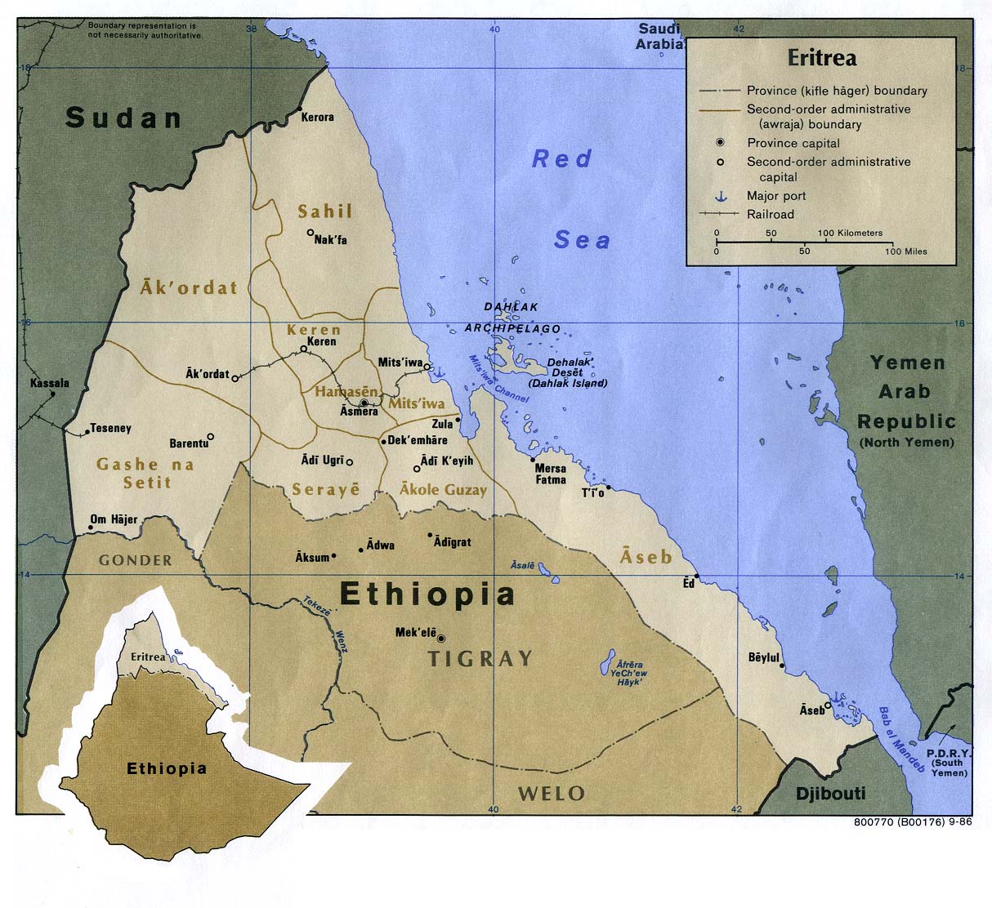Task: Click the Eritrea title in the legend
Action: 821,58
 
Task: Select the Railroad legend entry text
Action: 770,214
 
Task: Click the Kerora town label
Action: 317,118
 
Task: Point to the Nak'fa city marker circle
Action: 311,233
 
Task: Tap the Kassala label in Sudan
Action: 50,383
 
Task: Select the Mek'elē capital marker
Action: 441,639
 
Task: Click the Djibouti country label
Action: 830,793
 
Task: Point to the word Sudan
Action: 123,118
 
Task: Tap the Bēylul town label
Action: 764,657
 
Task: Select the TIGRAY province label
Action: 480,659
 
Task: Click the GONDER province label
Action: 136,560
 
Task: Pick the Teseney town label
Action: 110,428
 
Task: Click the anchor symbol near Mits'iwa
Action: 437,372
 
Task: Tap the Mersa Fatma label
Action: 550,474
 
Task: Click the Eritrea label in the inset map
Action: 148,657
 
